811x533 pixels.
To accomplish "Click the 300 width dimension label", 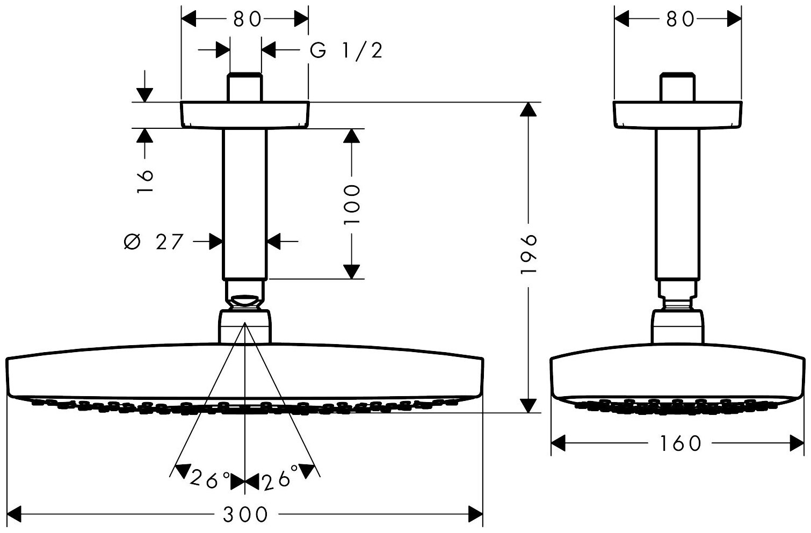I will [245, 515].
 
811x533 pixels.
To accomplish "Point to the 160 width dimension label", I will [679, 443].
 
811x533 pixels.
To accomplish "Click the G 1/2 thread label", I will [346, 50].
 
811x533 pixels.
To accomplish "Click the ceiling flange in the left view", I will [245, 114].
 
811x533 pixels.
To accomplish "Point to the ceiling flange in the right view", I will [678, 114].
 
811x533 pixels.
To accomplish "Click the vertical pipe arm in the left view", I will [245, 204].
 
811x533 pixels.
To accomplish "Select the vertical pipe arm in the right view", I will [678, 204].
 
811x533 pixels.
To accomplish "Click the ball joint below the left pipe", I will [245, 301].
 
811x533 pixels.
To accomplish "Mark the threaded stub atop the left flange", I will [245, 86].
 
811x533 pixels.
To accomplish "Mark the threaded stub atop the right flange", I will [678, 86].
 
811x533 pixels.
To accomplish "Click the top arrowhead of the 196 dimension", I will [529, 109].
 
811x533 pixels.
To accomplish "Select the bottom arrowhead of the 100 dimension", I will [352, 271].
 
